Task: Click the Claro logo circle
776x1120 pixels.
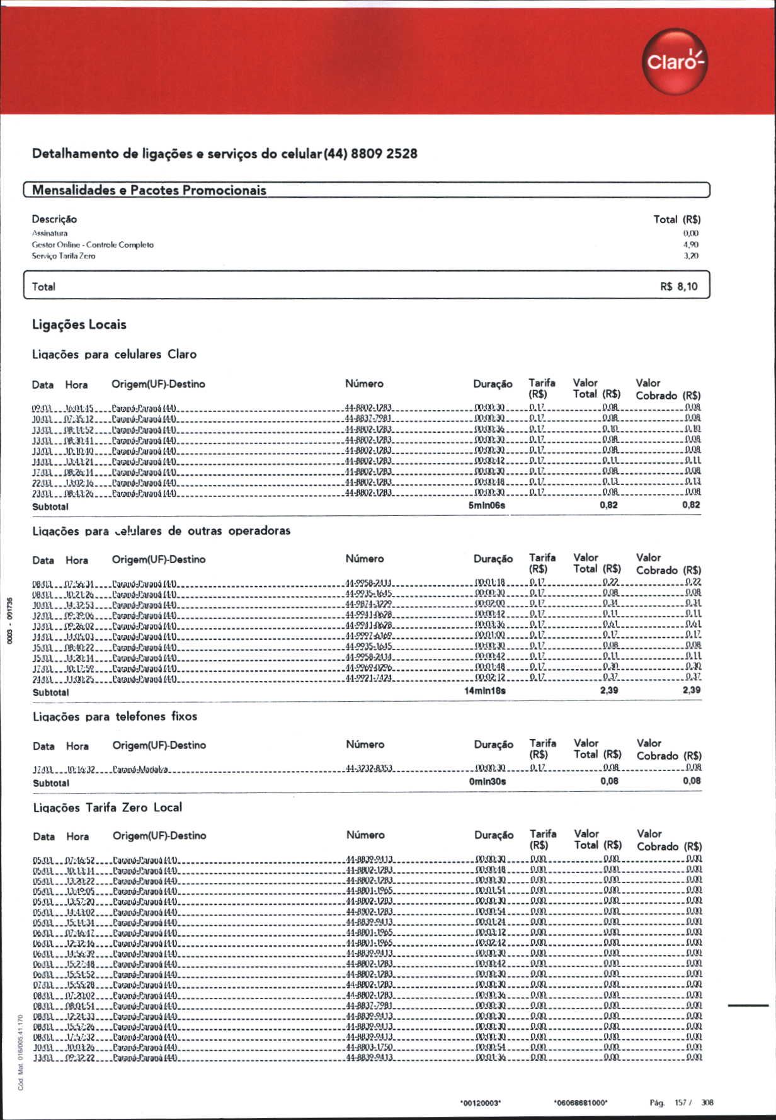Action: point(675,62)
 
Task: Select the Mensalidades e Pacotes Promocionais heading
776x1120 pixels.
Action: point(149,190)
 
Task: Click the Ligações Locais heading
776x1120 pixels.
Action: point(79,325)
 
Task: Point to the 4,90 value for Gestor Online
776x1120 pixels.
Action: point(690,244)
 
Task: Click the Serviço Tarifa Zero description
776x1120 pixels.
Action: point(64,256)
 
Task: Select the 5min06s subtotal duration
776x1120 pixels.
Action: point(486,505)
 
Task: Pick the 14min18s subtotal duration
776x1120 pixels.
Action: point(484,691)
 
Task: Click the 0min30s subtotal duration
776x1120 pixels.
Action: point(487,782)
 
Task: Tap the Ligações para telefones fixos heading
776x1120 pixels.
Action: point(115,717)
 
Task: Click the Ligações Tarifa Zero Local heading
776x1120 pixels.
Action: point(108,808)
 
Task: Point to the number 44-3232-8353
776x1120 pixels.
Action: point(369,769)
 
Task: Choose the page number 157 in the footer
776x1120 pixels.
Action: point(680,1102)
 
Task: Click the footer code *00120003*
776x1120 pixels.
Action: point(481,1103)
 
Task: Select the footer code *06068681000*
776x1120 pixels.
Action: point(581,1103)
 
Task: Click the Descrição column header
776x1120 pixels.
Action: point(55,219)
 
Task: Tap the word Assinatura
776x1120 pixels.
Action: point(50,233)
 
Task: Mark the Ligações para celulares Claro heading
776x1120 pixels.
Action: point(115,355)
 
